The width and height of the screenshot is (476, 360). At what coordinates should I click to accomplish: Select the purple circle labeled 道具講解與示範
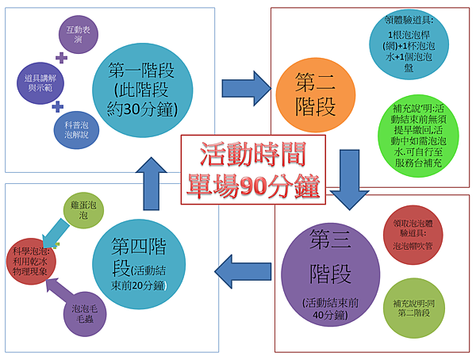(36, 79)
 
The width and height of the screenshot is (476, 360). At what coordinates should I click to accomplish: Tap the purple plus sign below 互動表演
(61, 57)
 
